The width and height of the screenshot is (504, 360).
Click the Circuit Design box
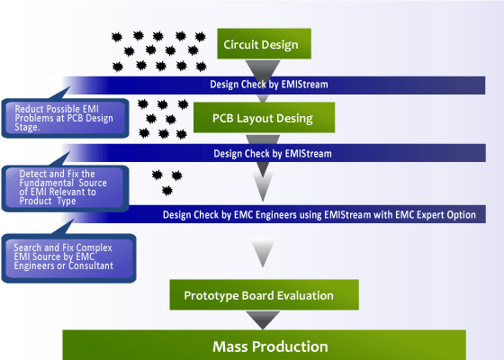(265, 41)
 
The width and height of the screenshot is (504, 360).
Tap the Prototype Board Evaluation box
(265, 295)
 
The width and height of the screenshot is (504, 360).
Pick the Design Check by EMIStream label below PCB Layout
(273, 153)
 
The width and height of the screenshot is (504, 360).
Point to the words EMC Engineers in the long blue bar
(262, 215)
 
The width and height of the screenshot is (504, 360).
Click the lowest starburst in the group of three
(167, 190)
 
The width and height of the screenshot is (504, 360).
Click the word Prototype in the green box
(210, 295)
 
